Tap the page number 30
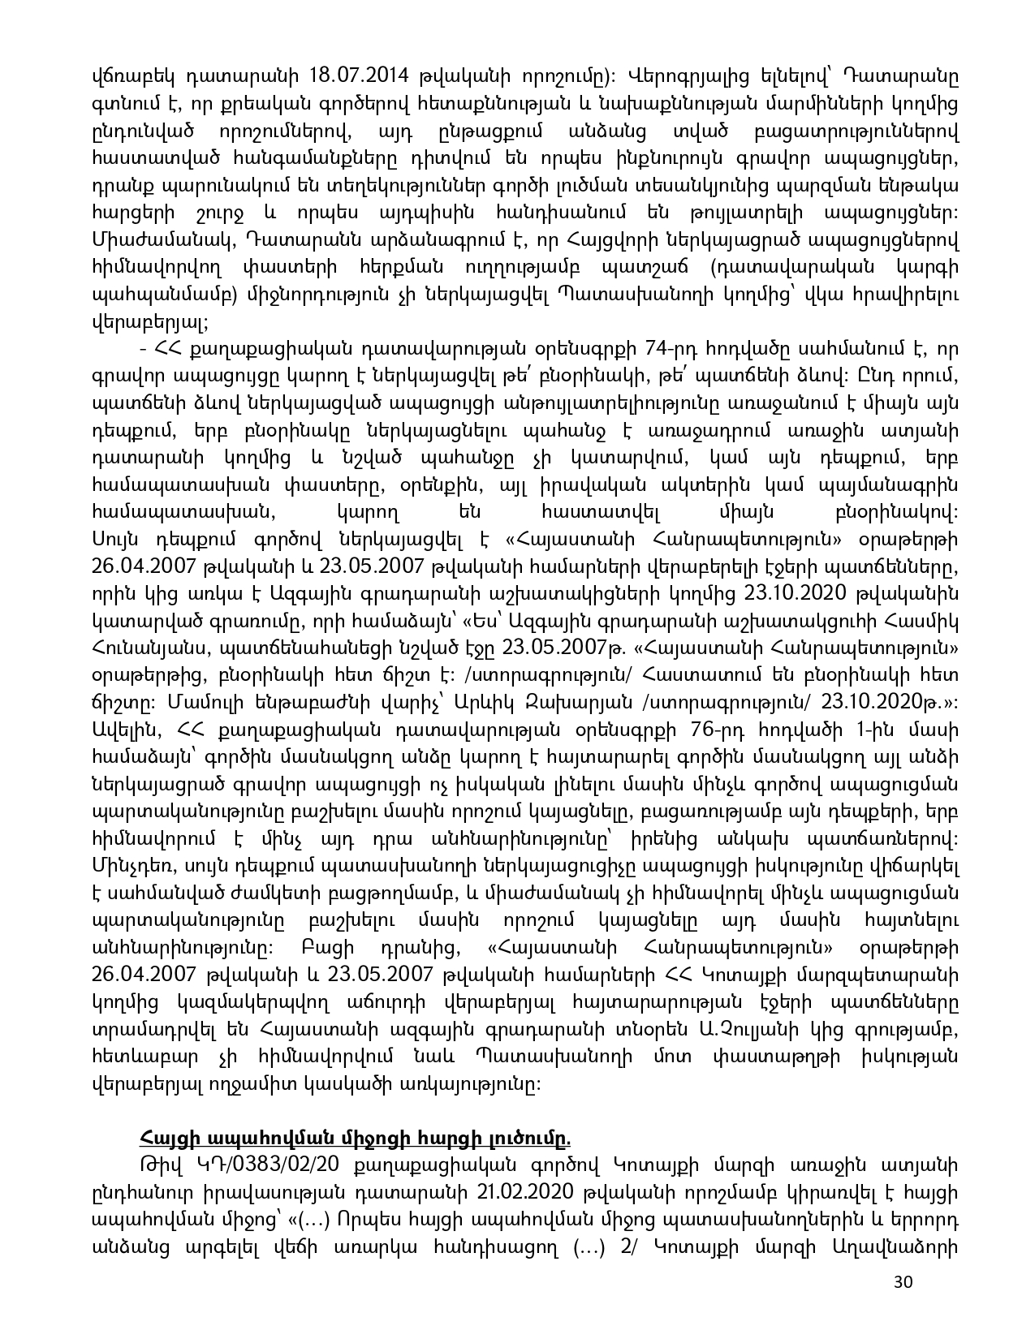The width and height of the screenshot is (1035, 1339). click(903, 1305)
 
